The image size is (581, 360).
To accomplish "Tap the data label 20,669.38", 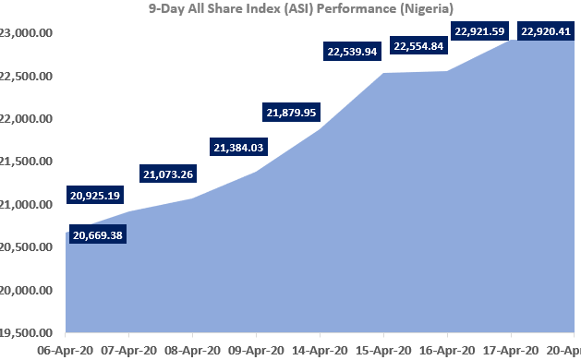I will [x=96, y=235].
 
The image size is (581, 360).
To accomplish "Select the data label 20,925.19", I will [x=96, y=197].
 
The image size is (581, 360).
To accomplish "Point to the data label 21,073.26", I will [x=173, y=174].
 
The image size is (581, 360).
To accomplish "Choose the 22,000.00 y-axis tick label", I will [x=26, y=119].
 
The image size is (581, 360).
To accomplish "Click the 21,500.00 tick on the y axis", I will [x=26, y=162].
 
